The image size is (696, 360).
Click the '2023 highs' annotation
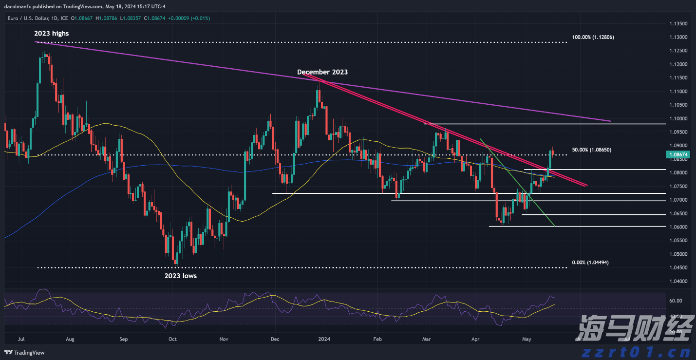click(51, 34)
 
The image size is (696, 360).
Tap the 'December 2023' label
click(322, 72)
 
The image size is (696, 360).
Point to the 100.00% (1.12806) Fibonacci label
click(593, 37)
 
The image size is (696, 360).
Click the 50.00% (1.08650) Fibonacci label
click(591, 150)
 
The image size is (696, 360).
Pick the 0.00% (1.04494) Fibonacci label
click(590, 263)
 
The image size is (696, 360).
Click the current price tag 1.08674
click(677, 155)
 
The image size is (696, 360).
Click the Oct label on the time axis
click(172, 339)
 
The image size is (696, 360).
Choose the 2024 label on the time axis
click(323, 339)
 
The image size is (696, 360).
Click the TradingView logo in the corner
click(24, 353)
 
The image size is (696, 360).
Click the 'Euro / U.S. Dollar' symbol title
click(25, 18)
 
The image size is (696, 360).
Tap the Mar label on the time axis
click(427, 339)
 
